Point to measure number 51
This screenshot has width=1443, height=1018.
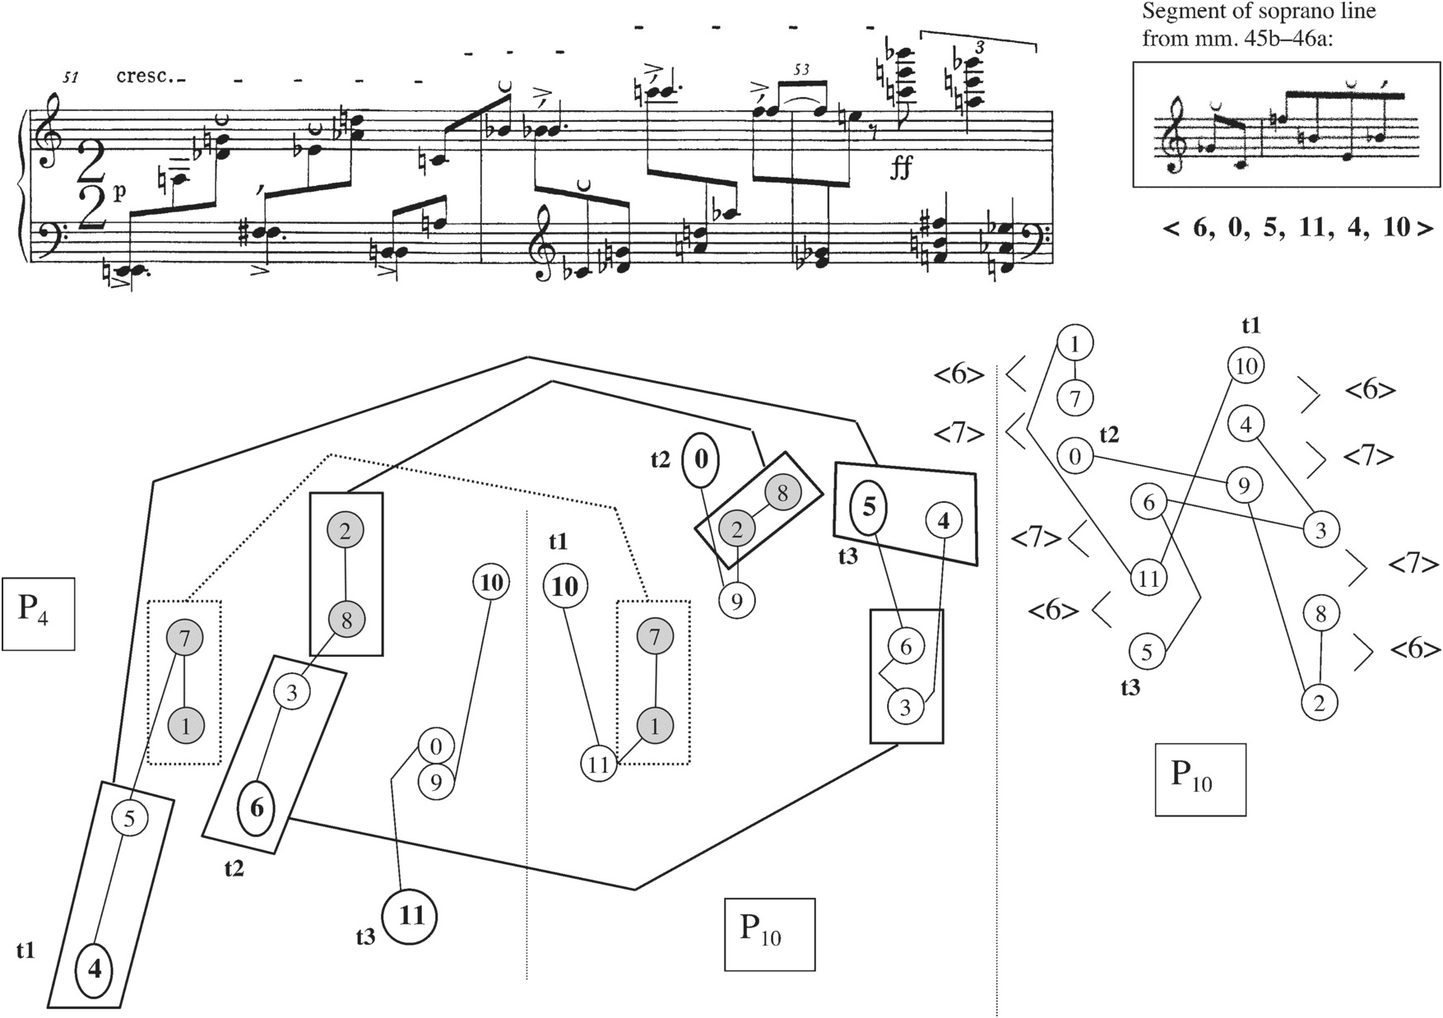coord(71,79)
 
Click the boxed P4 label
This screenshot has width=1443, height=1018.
coord(38,614)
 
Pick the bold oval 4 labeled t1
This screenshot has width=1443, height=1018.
coord(95,970)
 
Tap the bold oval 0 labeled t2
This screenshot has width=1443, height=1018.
coord(700,459)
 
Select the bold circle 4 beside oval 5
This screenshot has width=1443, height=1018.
coord(944,520)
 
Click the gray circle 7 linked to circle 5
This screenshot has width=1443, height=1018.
coord(184,637)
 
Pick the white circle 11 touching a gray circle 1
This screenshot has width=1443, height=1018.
coord(599,764)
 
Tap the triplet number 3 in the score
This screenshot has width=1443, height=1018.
coord(979,48)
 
